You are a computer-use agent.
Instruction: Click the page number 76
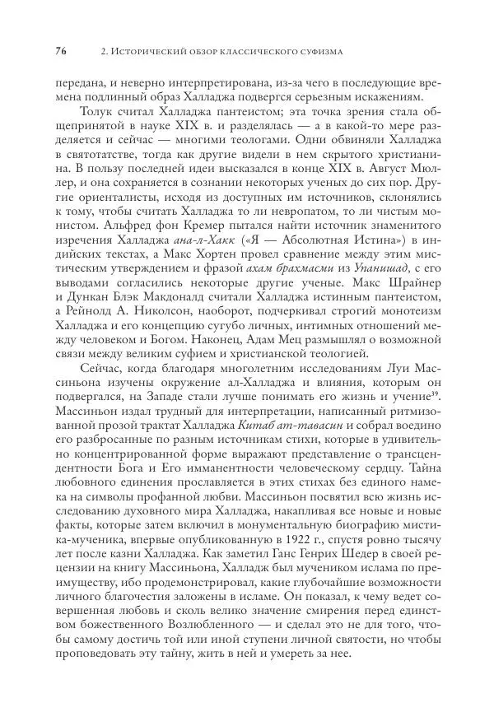point(60,53)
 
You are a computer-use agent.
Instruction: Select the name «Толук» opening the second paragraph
point(97,113)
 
